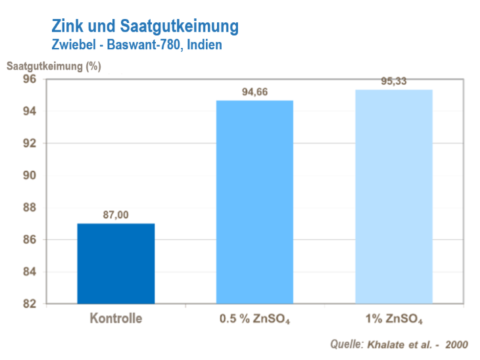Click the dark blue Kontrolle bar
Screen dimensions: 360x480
(x=116, y=263)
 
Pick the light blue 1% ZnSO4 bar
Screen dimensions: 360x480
(x=394, y=196)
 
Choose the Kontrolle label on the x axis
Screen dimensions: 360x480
(x=116, y=320)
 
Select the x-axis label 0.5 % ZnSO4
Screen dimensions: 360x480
(x=254, y=321)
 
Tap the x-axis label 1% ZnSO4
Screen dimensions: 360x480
(x=394, y=321)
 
